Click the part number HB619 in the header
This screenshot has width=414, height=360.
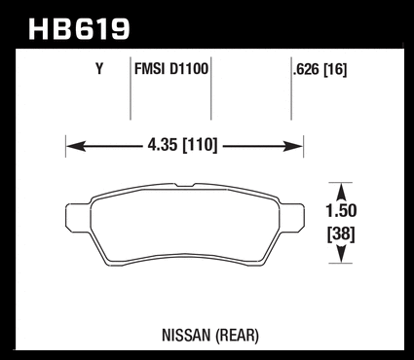point(79,29)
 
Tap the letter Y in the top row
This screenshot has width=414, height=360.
point(99,69)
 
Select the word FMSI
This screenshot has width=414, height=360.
point(149,69)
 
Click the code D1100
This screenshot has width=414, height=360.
point(189,69)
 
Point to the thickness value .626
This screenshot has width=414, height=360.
point(306,69)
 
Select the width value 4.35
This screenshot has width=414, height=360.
point(163,145)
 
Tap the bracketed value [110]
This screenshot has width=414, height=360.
point(200,145)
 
